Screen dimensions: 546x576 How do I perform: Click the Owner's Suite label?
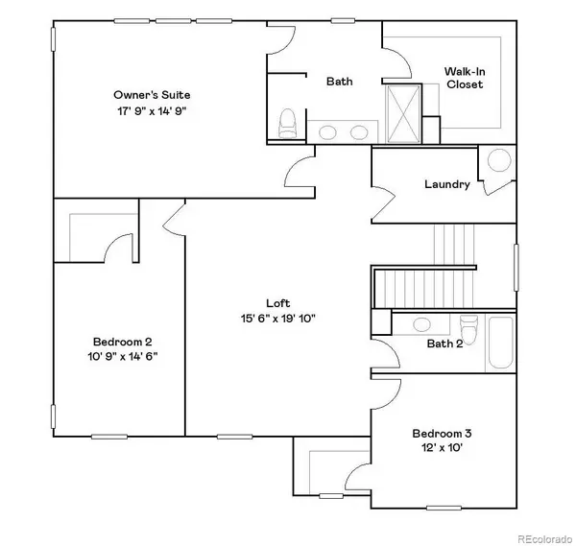[152, 95]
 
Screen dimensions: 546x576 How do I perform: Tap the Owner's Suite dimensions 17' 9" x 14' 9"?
[152, 111]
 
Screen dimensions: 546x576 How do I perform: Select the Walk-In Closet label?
[465, 78]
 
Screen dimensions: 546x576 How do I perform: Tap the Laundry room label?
[446, 184]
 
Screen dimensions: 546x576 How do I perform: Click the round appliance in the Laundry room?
[500, 160]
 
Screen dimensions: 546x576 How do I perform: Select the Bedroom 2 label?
[123, 342]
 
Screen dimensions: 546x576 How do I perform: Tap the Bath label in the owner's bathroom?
[339, 82]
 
